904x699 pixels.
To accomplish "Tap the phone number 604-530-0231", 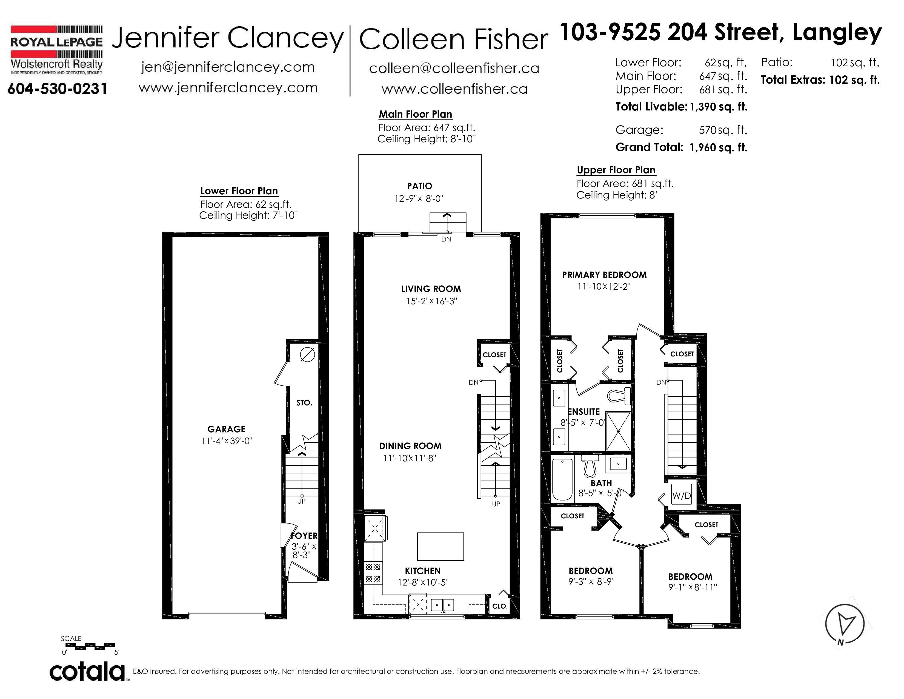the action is (58, 89).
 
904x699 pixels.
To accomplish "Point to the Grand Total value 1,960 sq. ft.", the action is (719, 147).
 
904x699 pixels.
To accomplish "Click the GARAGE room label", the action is (227, 429).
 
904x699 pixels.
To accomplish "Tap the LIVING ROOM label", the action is (431, 289).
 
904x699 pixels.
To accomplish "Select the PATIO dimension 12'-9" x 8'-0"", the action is (419, 198).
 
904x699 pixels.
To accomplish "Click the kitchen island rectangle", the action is (440, 546).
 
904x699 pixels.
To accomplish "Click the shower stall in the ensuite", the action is (618, 431).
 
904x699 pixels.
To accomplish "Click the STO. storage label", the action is (304, 402).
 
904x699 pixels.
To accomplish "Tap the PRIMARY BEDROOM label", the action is (604, 275).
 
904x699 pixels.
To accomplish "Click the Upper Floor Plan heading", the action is (616, 170).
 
